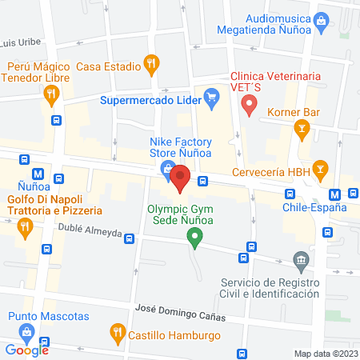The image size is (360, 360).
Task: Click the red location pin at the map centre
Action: (x=181, y=178)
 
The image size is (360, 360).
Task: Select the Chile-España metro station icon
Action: (x=336, y=194)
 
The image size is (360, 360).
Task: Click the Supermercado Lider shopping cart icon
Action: (x=211, y=100)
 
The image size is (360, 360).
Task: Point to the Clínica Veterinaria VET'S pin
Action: (x=249, y=103)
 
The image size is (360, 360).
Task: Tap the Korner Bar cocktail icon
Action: (x=302, y=126)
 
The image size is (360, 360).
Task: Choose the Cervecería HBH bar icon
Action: (x=320, y=168)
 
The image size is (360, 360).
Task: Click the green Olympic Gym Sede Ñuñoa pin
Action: (x=193, y=237)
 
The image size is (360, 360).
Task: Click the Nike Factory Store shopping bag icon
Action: (x=166, y=169)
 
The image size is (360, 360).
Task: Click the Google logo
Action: (x=27, y=350)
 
